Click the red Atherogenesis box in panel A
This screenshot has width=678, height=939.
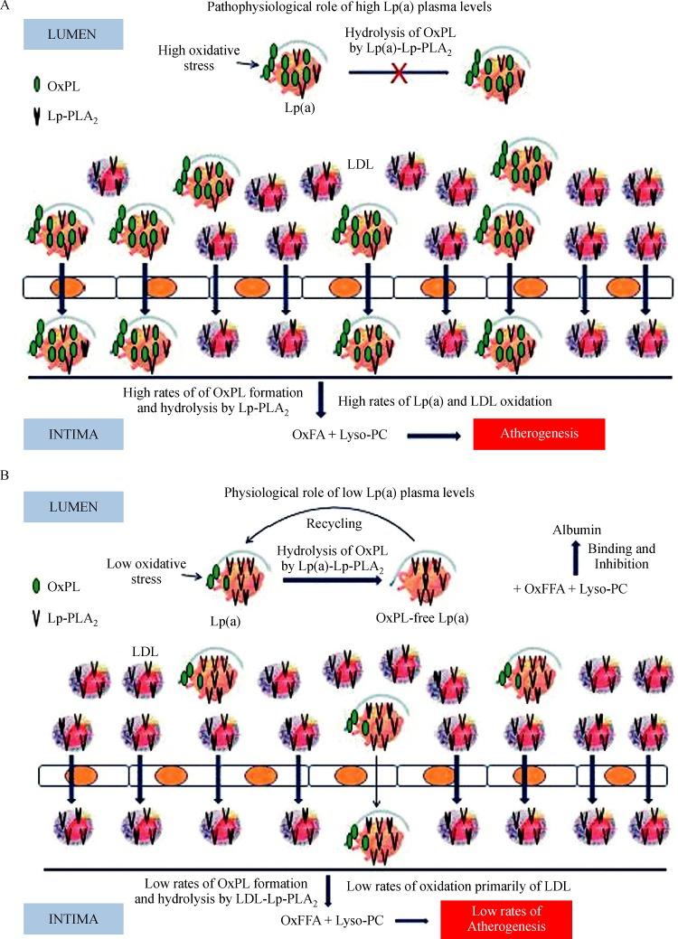(539, 435)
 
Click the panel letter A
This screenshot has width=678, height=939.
(6, 7)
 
